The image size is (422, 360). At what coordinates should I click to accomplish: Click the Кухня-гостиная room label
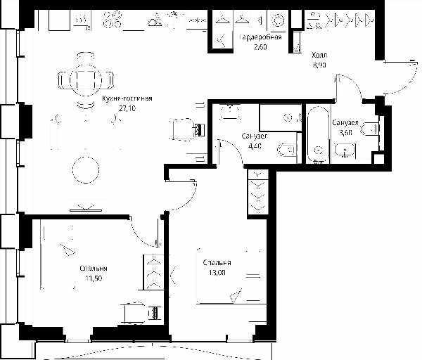[x=127, y=98]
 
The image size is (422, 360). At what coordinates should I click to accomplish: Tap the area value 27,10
[x=127, y=108]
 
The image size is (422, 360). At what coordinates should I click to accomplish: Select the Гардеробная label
[x=260, y=37]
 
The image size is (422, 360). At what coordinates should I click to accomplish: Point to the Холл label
[x=319, y=55]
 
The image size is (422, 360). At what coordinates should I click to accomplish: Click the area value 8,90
[x=319, y=65]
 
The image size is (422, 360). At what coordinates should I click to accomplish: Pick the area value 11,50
[x=94, y=278]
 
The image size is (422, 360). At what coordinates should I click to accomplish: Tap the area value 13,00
[x=217, y=273]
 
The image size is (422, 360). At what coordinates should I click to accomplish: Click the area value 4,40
[x=255, y=146]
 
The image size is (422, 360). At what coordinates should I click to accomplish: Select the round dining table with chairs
[x=86, y=80]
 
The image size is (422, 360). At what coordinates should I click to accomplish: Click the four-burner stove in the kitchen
[x=113, y=20]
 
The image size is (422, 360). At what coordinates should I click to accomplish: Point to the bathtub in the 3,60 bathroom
[x=319, y=134]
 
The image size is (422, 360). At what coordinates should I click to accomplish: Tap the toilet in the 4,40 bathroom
[x=287, y=150]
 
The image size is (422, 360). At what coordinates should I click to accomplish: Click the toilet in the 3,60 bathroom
[x=370, y=129]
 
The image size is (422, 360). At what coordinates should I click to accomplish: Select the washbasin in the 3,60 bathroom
[x=345, y=150]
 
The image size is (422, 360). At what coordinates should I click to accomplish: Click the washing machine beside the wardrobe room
[x=278, y=20]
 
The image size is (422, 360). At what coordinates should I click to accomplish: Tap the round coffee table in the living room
[x=86, y=169]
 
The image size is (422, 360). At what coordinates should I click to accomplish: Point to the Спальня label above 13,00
[x=217, y=262]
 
